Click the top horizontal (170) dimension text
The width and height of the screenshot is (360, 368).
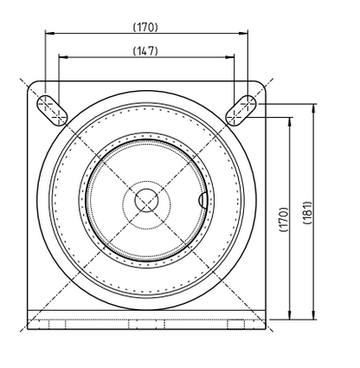tap(145, 27)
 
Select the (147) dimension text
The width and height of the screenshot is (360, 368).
tap(145, 51)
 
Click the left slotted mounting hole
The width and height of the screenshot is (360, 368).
tap(48, 107)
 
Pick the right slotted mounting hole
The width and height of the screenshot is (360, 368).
tap(243, 107)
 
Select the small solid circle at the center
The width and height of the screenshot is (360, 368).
tap(146, 198)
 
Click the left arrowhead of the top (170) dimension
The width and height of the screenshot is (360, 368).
tap(48, 34)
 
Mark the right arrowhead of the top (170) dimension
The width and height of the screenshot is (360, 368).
tap(245, 34)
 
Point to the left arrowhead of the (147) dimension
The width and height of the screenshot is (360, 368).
tap(61, 57)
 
